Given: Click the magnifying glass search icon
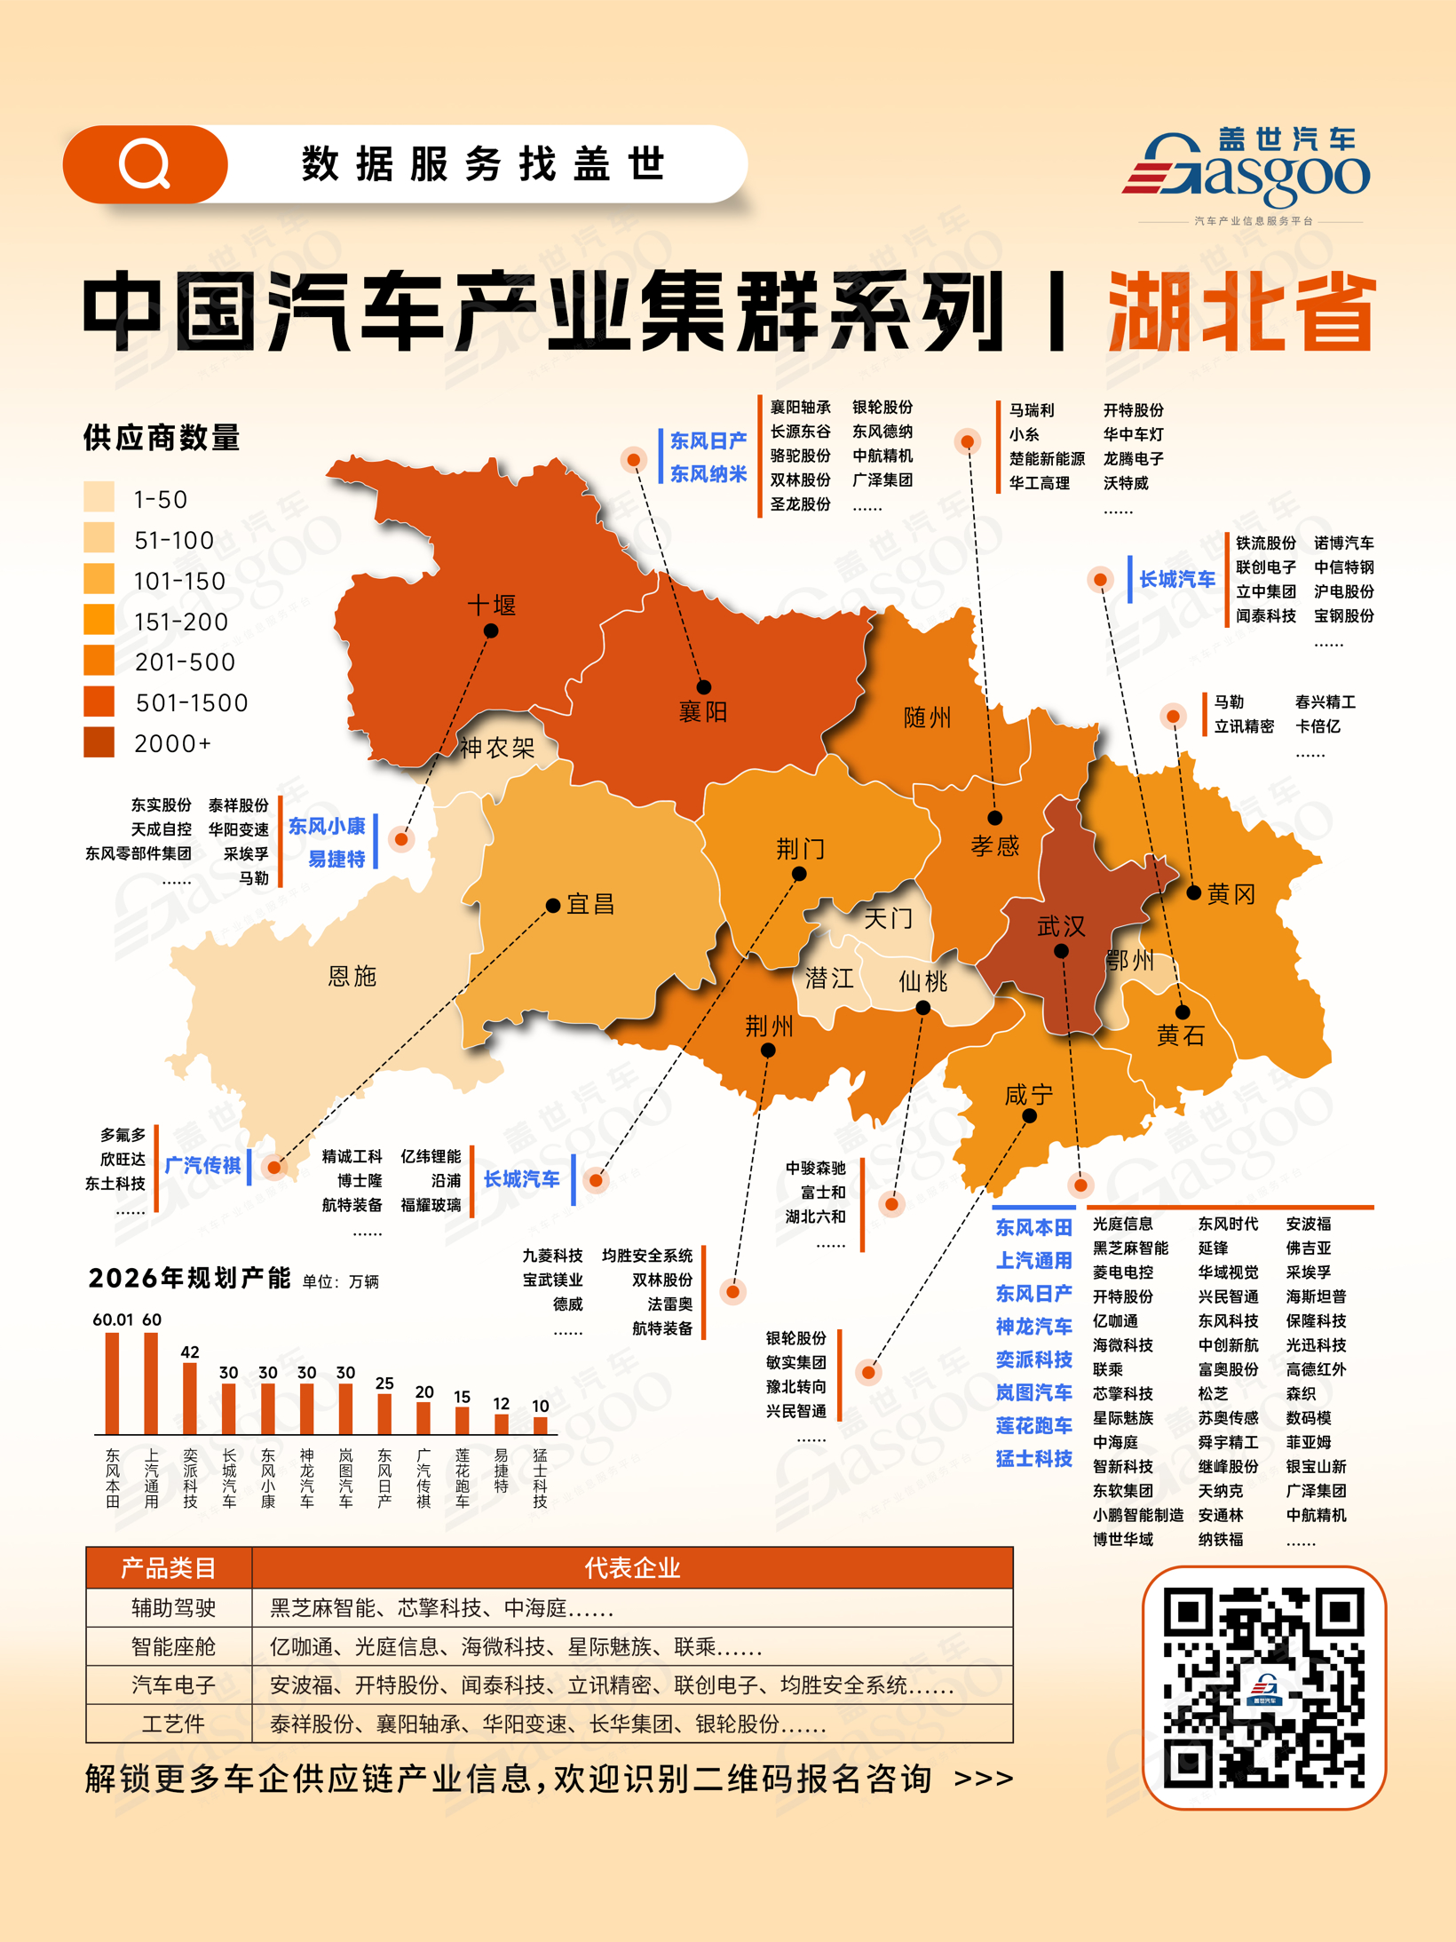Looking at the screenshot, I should pos(145,164).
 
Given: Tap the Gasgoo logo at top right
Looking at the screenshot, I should pos(1247,173).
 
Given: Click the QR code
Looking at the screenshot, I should pos(1263,1687).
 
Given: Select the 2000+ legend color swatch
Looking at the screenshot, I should pos(99,742).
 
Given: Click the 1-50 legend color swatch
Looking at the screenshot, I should pos(99,497).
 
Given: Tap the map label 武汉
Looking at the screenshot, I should pos(1061,926).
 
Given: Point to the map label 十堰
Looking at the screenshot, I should pos(492,606).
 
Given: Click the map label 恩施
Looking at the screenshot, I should pos(352,976).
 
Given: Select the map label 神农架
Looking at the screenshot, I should pos(497,748).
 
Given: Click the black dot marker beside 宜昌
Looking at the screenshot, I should pos(553,906).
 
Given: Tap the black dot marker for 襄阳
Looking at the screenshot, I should pos(704,686).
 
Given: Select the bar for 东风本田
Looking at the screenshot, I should pos(113,1383).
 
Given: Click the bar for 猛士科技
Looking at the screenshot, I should pos(540,1425).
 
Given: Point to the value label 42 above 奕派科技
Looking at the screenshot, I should pos(190,1351).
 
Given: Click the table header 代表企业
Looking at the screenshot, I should pos(632,1568).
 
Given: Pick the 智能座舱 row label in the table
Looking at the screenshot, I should pos(173,1646).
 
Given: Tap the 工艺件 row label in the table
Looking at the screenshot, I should pos(173,1724).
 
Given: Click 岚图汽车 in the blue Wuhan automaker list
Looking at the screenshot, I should pos(1033,1392).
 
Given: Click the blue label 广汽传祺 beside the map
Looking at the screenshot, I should pos(203,1165).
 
